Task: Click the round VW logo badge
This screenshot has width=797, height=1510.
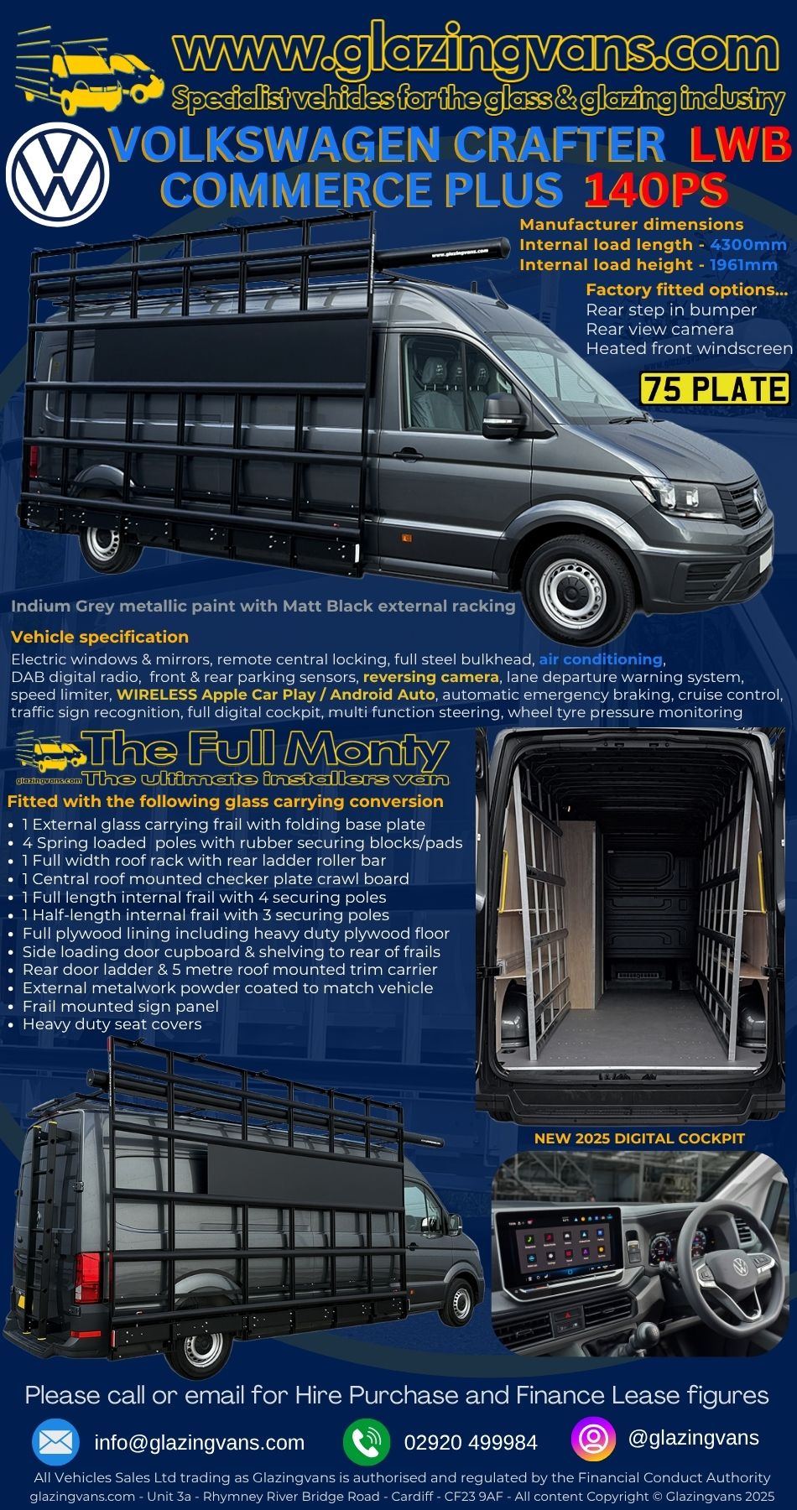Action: (x=58, y=174)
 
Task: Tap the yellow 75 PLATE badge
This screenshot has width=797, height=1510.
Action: (x=715, y=388)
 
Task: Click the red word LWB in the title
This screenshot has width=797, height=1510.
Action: (x=741, y=144)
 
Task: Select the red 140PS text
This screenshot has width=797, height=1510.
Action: (x=656, y=190)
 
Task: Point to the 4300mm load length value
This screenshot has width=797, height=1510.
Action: (x=748, y=245)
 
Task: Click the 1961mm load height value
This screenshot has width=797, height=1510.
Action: (x=743, y=265)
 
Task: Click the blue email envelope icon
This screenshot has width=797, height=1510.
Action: (x=55, y=1442)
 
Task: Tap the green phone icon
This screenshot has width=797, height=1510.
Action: (x=367, y=1442)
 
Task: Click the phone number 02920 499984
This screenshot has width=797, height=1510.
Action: (x=471, y=1442)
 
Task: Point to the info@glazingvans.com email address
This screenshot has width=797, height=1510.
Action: (x=200, y=1442)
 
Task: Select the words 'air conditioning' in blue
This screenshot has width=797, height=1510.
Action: (x=601, y=659)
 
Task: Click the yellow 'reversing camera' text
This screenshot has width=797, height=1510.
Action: (x=431, y=677)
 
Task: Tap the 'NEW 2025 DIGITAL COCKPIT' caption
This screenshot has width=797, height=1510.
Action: (x=639, y=1138)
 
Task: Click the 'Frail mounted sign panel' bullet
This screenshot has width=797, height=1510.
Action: (x=121, y=1006)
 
